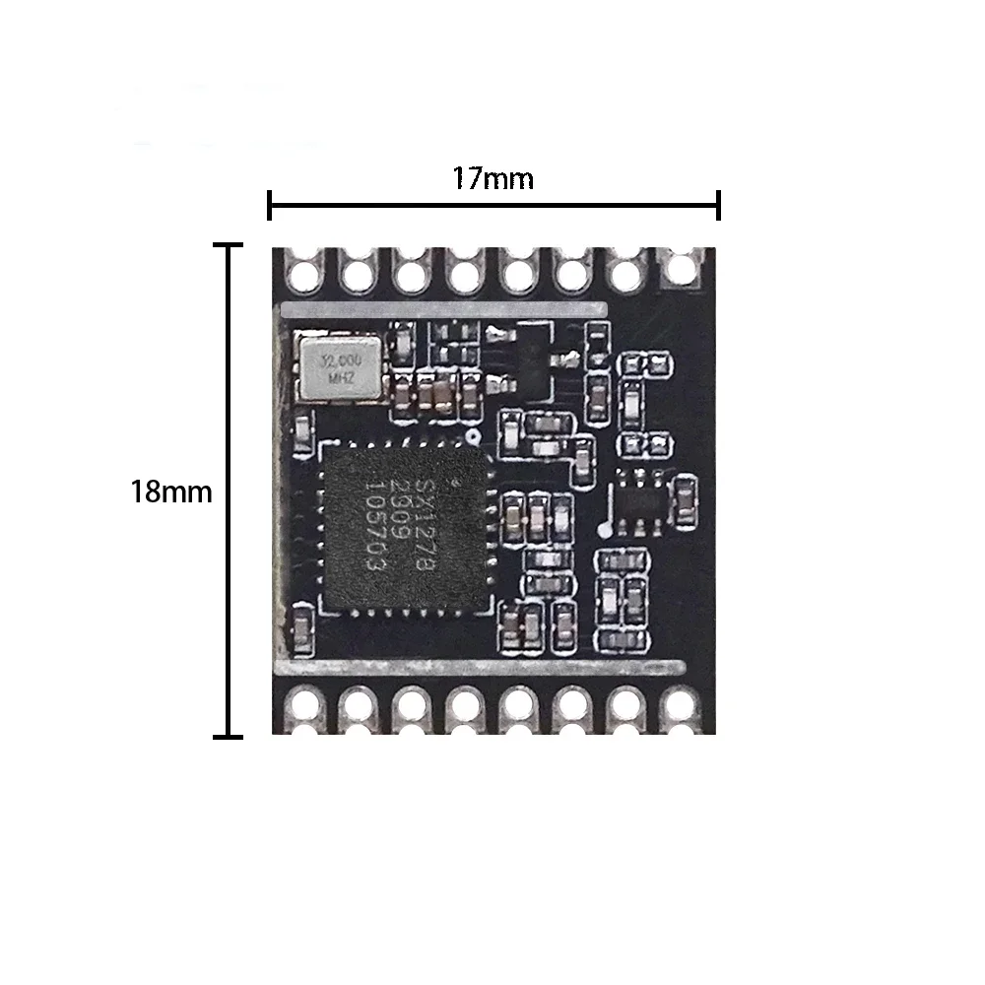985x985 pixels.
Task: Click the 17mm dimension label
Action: coord(492,179)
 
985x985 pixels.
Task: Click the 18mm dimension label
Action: coord(171,492)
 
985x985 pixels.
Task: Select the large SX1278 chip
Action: coord(404,527)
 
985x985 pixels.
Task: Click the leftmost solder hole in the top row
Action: coord(304,268)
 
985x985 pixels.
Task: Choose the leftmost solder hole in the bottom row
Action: coord(304,704)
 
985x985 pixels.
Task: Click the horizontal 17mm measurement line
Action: coord(492,206)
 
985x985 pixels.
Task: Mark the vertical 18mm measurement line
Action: coord(230,491)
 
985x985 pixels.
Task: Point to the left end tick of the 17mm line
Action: coord(270,206)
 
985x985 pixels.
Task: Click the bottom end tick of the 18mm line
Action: coord(230,735)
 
